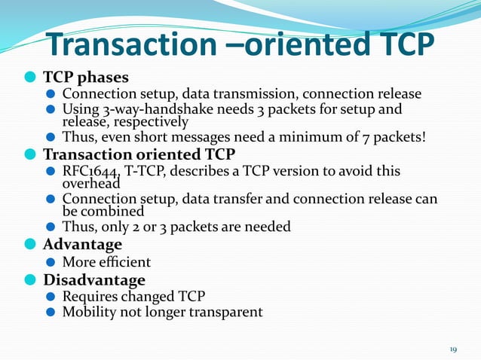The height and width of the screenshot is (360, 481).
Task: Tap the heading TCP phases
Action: click(x=85, y=78)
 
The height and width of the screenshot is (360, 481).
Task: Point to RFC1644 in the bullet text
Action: click(x=88, y=171)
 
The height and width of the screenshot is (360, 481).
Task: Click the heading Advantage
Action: click(x=82, y=245)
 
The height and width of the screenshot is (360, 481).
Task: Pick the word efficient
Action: click(x=124, y=262)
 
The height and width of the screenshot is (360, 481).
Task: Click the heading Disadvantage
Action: click(x=93, y=280)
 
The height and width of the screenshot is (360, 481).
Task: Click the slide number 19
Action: click(x=453, y=349)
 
